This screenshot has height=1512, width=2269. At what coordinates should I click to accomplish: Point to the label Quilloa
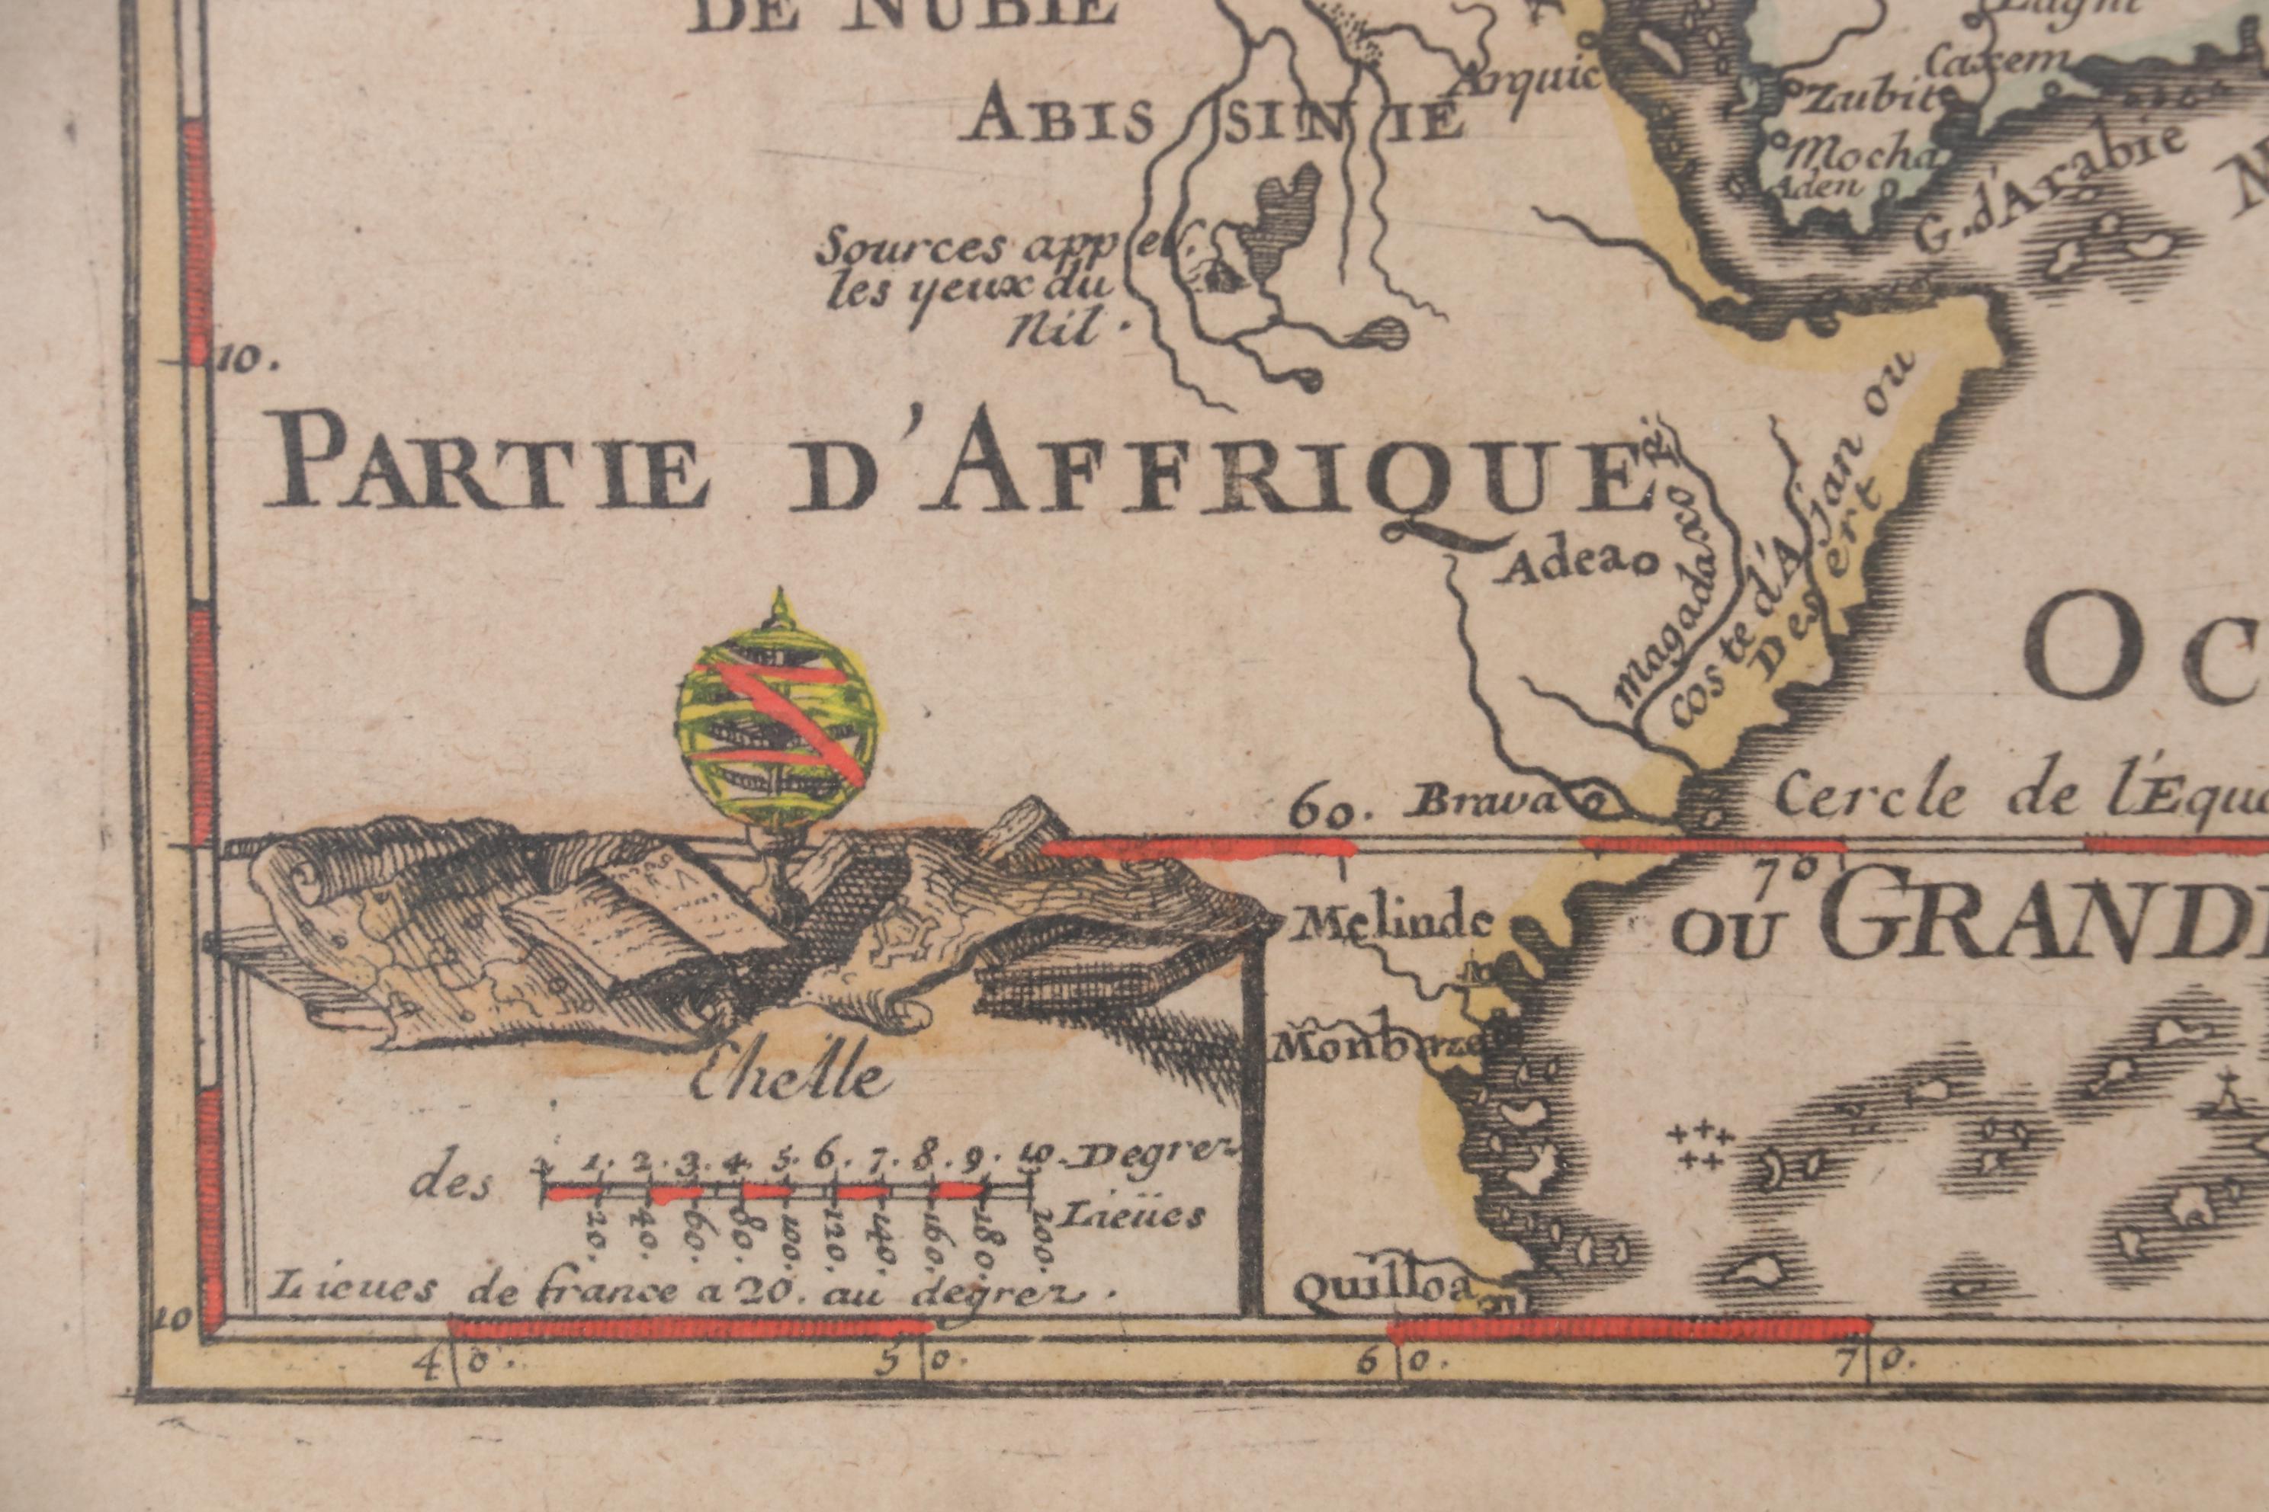(x=1382, y=1288)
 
